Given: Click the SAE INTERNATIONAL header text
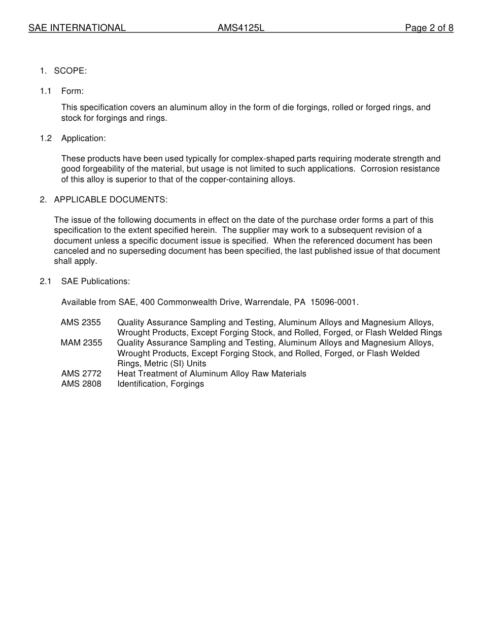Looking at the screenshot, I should click(x=77, y=28).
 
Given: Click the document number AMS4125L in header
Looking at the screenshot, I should click(x=241, y=28).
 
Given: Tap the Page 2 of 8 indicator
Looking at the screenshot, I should click(x=429, y=28).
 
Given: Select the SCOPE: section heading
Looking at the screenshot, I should click(x=71, y=71).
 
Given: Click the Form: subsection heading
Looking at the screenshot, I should click(x=73, y=91).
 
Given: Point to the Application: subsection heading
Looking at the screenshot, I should click(x=84, y=138).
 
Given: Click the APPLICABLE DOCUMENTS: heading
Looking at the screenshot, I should click(x=111, y=199).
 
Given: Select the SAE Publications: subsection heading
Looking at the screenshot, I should click(x=95, y=281).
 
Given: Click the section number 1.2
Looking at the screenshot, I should click(x=46, y=138).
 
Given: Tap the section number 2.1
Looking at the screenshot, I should click(x=46, y=281).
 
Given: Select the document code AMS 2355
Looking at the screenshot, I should click(x=81, y=322).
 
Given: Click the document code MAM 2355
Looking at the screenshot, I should click(x=81, y=342).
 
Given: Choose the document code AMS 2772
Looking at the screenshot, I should click(x=81, y=373).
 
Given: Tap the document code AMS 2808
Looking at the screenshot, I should click(x=81, y=384).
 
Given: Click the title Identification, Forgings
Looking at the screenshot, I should click(x=160, y=384).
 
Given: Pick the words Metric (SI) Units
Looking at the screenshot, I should click(x=175, y=363).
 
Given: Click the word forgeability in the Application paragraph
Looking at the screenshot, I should click(x=102, y=169).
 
